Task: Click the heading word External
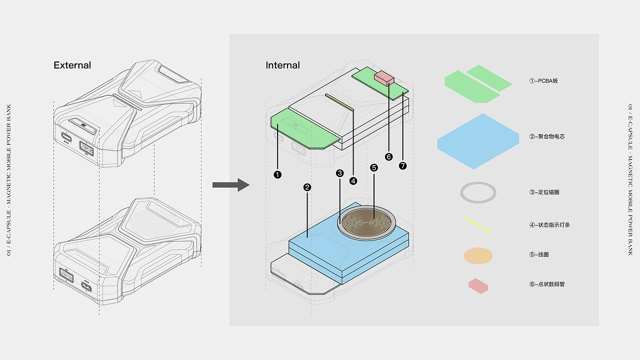(x=72, y=65)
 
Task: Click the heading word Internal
(x=282, y=65)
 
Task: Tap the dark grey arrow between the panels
(x=230, y=185)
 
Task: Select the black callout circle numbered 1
(x=277, y=174)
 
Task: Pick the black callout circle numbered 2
(x=307, y=187)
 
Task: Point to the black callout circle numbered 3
(x=340, y=173)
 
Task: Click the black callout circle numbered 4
(x=353, y=181)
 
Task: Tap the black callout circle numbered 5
(x=374, y=168)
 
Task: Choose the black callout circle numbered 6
(x=389, y=157)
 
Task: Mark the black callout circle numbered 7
(x=403, y=165)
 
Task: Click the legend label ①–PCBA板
(x=543, y=80)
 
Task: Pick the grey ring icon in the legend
(x=478, y=192)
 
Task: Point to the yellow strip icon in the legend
(x=478, y=225)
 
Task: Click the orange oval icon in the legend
(x=478, y=255)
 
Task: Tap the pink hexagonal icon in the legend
(x=478, y=286)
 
